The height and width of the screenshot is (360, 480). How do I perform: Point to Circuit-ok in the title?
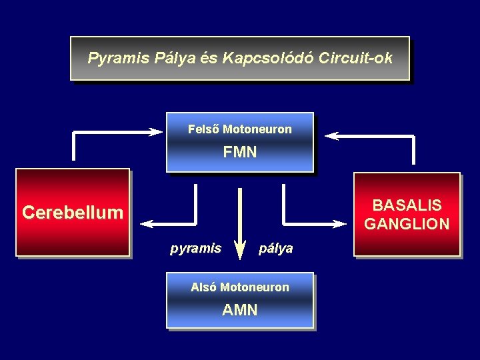pos(355,58)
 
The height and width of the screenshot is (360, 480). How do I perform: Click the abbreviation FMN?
pos(240,153)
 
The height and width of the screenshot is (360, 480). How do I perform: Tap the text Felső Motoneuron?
pos(240,129)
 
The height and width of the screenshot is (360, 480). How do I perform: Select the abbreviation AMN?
pos(240,310)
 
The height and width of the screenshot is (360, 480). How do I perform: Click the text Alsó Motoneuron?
pos(240,287)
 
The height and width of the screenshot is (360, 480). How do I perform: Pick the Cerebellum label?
pos(73,213)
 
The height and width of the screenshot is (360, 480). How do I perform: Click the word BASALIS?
pos(407,205)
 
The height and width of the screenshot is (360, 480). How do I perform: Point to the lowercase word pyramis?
pos(195,249)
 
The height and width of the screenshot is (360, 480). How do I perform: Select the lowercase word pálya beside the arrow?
pos(275,249)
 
